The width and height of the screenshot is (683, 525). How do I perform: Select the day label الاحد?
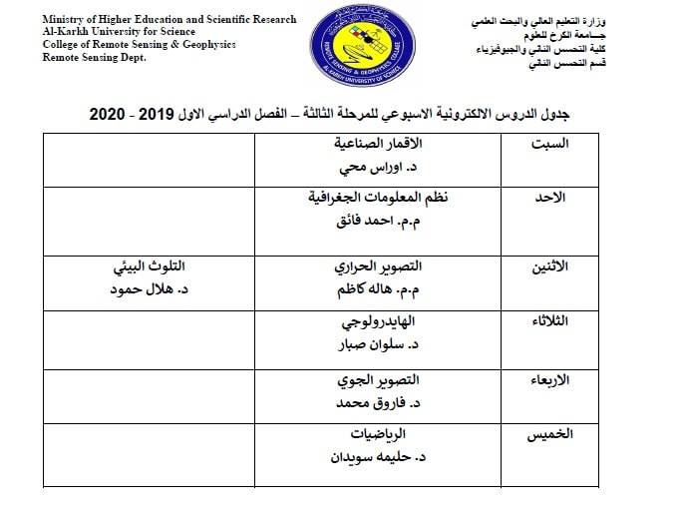pos(550,198)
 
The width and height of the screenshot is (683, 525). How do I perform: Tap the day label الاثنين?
pos(546,266)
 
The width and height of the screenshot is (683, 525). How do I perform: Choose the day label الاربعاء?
pos(546,380)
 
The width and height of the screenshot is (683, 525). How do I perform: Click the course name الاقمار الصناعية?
pos(376,144)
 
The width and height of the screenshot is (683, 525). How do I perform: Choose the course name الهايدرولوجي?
pos(374,323)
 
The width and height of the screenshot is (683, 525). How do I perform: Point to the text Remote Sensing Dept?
pos(94,59)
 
